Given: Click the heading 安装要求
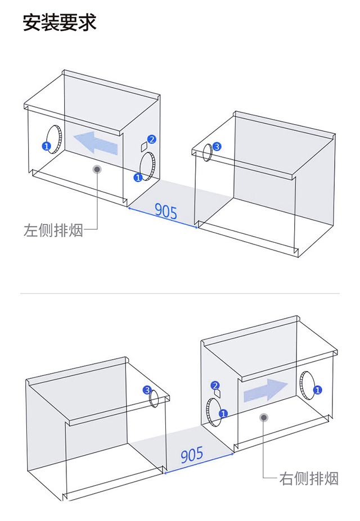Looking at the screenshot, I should [60, 22].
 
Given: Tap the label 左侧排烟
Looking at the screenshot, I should [53, 230].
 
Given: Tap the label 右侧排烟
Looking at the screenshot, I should [309, 479].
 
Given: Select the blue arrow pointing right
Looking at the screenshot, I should [265, 390].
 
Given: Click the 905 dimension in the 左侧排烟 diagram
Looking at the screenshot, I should [166, 211].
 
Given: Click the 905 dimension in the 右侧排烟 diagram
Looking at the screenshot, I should [192, 455].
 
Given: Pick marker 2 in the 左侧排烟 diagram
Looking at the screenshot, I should [152, 139].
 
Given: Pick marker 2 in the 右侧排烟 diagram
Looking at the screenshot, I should [215, 385].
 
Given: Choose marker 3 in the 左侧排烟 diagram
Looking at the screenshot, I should [218, 146].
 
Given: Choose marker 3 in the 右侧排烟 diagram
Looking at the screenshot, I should [147, 389].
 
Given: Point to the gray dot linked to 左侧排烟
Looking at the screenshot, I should [98, 169].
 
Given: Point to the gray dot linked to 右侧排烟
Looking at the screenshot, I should [263, 417].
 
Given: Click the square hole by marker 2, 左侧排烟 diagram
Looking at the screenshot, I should [143, 147].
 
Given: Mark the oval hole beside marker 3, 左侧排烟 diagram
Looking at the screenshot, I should [208, 152].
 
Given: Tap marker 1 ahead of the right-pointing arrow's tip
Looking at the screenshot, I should [317, 389].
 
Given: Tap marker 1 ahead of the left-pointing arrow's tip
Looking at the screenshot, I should [46, 146].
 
